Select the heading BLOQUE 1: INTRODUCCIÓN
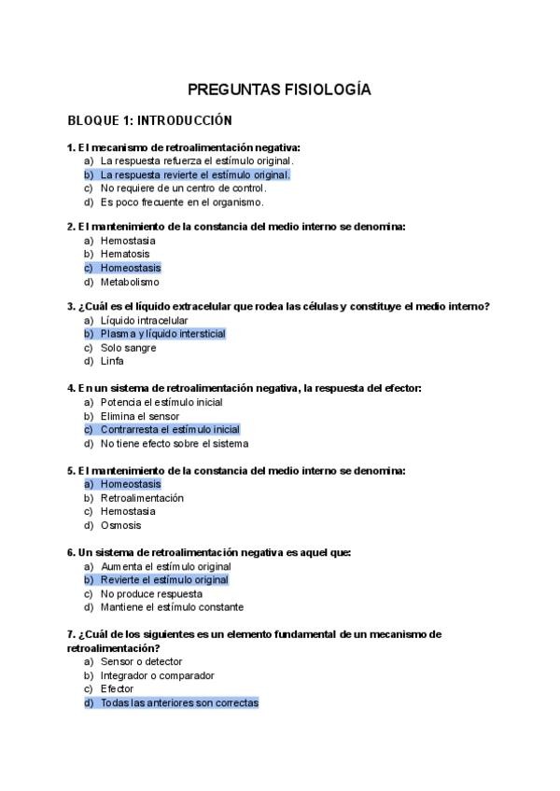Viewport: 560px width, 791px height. tap(149, 121)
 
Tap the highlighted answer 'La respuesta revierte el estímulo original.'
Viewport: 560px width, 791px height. tap(195, 174)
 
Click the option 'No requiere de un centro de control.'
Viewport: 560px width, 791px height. tap(183, 187)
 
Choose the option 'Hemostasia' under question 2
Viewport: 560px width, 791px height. tap(128, 241)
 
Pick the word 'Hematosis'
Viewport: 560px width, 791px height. tap(125, 254)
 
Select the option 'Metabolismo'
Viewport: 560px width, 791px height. tap(130, 282)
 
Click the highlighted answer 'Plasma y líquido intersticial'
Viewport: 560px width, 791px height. tap(162, 334)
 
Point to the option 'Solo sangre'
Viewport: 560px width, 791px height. tap(128, 348)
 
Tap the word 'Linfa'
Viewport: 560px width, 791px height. tap(112, 361)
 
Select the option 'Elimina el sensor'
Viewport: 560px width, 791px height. tap(140, 416)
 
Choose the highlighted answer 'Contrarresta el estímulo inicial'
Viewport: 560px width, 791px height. tap(170, 430)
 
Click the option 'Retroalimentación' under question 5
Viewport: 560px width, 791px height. tap(142, 498)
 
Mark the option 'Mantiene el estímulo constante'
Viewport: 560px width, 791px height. tap(172, 607)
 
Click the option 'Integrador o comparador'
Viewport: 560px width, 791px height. tap(157, 675)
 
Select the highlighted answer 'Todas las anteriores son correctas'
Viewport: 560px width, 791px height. tap(179, 702)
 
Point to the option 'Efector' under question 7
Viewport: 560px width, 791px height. tap(117, 688)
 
